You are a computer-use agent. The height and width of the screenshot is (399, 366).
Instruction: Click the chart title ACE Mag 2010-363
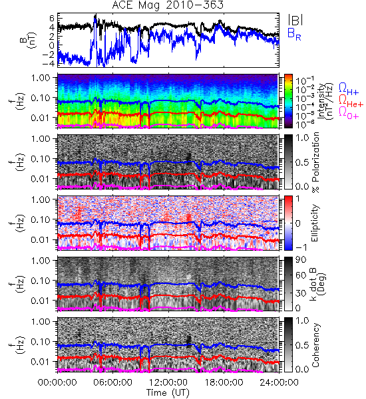pyautogui.click(x=168, y=5)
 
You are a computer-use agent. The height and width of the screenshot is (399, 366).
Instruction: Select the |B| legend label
pyautogui.click(x=295, y=19)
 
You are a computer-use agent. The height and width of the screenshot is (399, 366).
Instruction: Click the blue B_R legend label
pyautogui.click(x=294, y=34)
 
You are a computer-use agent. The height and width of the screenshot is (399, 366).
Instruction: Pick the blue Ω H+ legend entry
pyautogui.click(x=349, y=88)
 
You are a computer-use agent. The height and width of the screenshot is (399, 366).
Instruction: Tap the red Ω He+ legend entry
pyautogui.click(x=351, y=101)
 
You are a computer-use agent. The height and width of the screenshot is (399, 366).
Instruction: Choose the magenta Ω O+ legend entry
pyautogui.click(x=349, y=112)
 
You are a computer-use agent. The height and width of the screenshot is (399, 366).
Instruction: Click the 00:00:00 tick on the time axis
pyautogui.click(x=57, y=382)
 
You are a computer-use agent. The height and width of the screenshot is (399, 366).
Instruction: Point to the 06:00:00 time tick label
pyautogui.click(x=113, y=382)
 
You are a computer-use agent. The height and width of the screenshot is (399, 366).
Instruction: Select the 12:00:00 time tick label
pyautogui.click(x=168, y=382)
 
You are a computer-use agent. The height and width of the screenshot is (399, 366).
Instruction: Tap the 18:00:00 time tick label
pyautogui.click(x=224, y=382)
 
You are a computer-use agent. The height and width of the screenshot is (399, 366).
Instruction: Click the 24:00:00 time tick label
pyautogui.click(x=279, y=382)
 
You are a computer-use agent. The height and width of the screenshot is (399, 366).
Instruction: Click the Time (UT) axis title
pyautogui.click(x=168, y=393)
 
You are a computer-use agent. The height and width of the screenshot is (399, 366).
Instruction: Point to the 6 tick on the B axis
pyautogui.click(x=52, y=18)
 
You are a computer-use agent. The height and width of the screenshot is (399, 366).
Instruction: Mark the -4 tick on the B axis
pyautogui.click(x=48, y=63)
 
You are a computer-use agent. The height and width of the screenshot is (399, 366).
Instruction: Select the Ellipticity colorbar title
pyautogui.click(x=315, y=223)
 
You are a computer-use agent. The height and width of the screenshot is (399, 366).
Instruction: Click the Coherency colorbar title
pyautogui.click(x=315, y=345)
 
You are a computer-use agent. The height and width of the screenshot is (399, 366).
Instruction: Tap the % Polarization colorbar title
pyautogui.click(x=315, y=162)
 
